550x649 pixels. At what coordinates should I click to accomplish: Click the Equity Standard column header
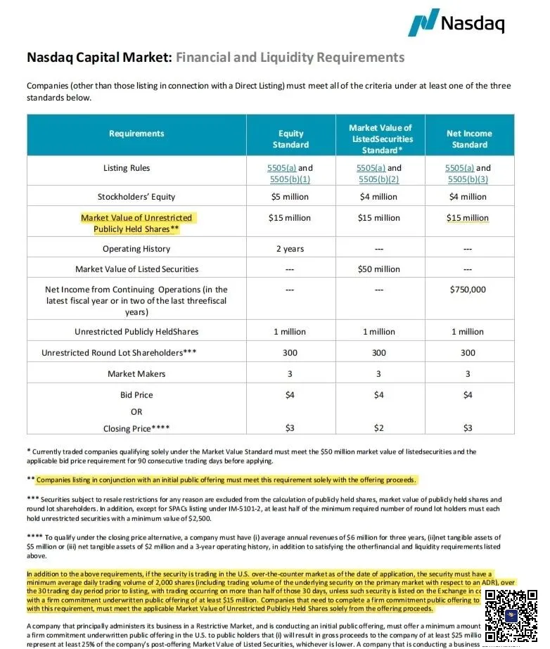(290, 139)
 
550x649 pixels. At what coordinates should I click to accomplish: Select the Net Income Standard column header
(469, 139)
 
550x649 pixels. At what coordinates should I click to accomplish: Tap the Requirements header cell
(136, 134)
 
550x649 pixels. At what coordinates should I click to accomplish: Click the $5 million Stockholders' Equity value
(290, 197)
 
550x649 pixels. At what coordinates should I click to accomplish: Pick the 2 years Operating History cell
(290, 249)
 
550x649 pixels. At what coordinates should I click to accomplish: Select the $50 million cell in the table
(379, 269)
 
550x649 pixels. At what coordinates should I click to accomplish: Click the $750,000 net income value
(468, 290)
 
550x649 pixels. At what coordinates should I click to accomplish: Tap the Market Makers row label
(136, 373)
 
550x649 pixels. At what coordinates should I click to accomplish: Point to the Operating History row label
(136, 249)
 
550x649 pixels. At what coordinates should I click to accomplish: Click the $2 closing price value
(379, 428)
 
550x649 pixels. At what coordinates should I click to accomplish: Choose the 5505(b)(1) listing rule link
(290, 179)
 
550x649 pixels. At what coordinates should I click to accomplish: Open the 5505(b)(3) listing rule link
(468, 179)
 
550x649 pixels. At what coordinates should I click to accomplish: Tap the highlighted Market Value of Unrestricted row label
(136, 224)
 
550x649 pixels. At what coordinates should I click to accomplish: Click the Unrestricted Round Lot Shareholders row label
(118, 353)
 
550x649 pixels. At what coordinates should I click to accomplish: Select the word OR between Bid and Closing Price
(136, 412)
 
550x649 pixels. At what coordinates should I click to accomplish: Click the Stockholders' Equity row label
(136, 197)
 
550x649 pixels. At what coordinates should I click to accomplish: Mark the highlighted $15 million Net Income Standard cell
(468, 218)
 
